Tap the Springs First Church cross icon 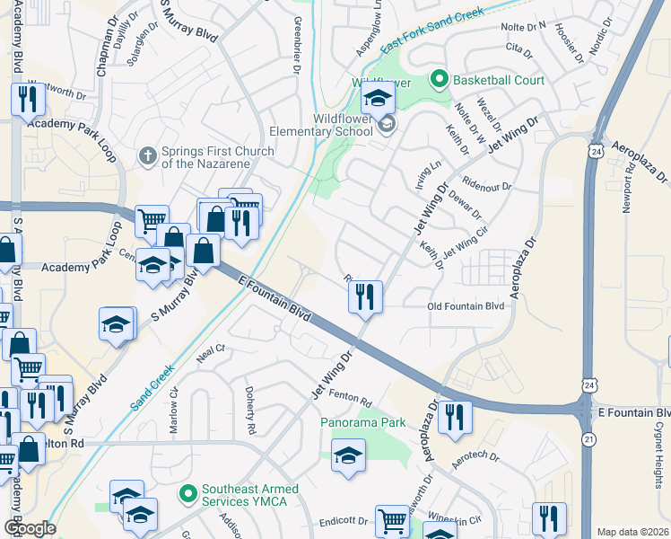[149, 157]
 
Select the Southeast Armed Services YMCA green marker [188, 494]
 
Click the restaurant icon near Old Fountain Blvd [365, 296]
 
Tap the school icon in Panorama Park [349, 455]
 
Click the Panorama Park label [363, 422]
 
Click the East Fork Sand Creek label [431, 31]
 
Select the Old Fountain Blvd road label [465, 306]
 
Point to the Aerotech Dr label [475, 456]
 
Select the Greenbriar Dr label [296, 44]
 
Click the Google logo [29, 527]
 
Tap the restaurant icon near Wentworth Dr [28, 99]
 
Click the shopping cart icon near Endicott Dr [392, 521]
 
